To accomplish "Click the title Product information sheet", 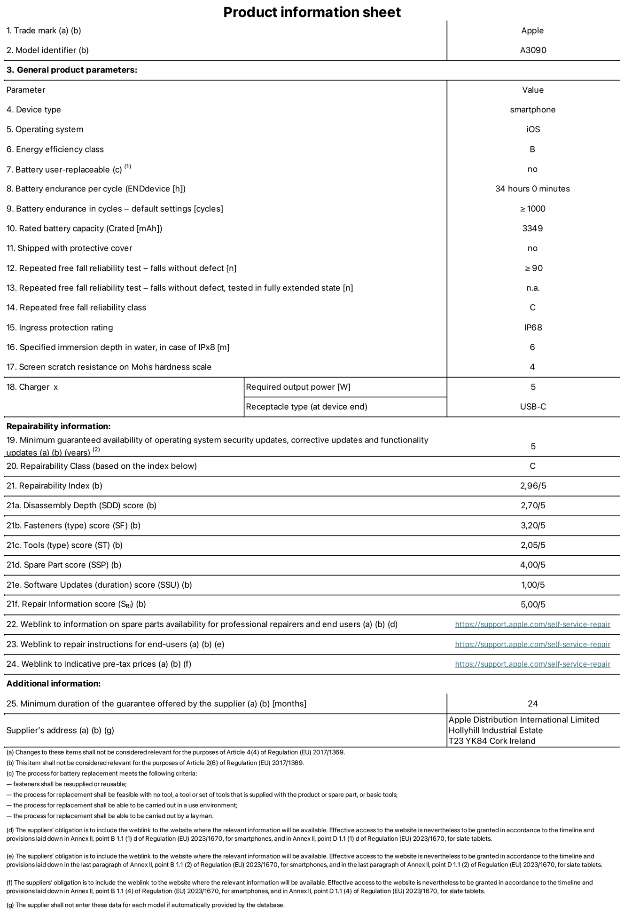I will (x=312, y=12).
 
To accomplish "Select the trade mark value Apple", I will (x=532, y=31).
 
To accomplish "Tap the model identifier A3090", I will (x=533, y=50).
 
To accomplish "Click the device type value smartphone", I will (x=532, y=110).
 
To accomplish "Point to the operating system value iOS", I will (x=533, y=129).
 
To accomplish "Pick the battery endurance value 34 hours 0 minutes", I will (x=532, y=189).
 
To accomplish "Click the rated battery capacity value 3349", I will (x=532, y=229).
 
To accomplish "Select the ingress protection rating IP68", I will (x=533, y=327).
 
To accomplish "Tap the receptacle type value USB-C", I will (x=533, y=407).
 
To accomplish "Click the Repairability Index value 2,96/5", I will (x=533, y=486).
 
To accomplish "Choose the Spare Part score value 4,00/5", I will (x=533, y=565).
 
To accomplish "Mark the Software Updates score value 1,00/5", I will (x=533, y=585).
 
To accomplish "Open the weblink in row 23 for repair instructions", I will (x=532, y=644).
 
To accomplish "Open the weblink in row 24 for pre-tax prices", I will (x=532, y=664).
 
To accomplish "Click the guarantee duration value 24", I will (x=532, y=703).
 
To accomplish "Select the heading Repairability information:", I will (x=58, y=426).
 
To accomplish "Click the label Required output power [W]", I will (x=298, y=387).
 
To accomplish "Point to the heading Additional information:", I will (x=54, y=684).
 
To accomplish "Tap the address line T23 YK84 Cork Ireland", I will (x=492, y=741).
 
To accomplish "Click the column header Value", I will (x=532, y=90).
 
